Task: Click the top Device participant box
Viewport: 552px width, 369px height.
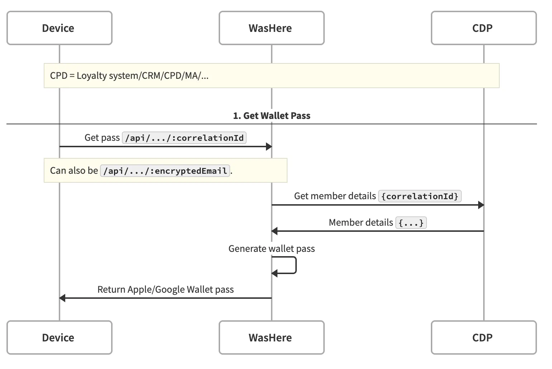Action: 60,28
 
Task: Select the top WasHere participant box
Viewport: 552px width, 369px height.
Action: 271,28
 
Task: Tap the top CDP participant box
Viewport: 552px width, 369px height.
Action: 484,28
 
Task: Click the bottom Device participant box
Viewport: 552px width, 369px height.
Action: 60,337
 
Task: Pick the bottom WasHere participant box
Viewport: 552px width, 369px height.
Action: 271,337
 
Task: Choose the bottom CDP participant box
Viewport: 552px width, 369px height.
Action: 484,337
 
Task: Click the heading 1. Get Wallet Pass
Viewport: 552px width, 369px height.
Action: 271,116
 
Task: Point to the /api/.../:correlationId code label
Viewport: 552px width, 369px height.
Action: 184,138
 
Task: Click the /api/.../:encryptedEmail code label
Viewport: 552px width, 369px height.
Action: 165,171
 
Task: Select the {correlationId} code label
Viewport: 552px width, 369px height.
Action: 420,196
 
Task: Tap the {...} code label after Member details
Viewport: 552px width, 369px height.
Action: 411,223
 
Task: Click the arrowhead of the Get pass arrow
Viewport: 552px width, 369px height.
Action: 268,147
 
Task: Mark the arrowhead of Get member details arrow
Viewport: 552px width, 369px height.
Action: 481,205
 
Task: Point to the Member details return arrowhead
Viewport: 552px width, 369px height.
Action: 275,231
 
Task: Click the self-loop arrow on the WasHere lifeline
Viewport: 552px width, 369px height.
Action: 295,265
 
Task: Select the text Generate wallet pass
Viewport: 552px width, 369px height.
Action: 271,249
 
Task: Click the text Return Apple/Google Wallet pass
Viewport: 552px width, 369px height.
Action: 165,289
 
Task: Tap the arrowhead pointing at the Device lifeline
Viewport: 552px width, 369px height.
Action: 62,298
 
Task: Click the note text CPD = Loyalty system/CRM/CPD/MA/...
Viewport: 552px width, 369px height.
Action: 129,76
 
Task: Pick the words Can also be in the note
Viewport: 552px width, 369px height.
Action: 74,171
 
